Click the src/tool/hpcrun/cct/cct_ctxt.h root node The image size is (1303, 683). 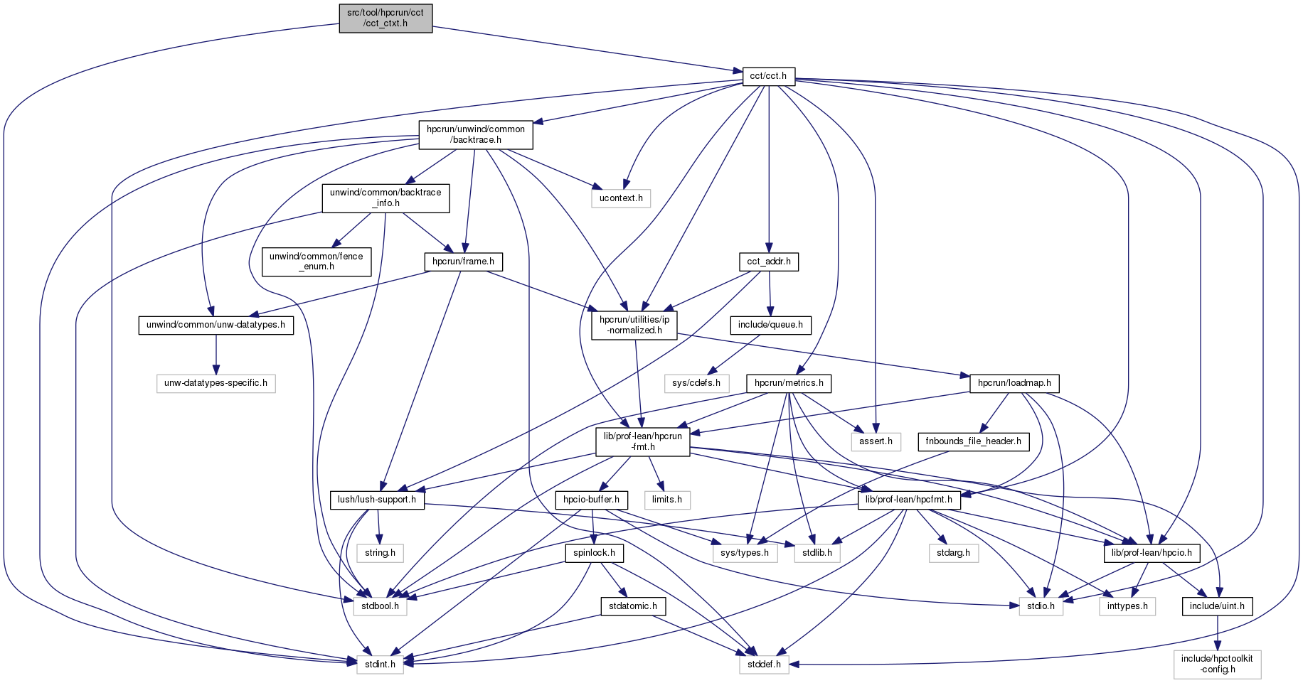point(385,18)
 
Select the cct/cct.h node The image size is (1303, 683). point(769,76)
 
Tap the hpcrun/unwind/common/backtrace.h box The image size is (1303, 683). point(476,134)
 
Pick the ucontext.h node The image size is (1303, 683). point(621,198)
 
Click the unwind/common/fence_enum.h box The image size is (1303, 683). point(317,262)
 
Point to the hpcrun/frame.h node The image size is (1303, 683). point(464,262)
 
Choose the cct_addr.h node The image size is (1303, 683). point(769,262)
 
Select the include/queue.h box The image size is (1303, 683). point(770,325)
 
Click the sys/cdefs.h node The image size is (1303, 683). point(696,383)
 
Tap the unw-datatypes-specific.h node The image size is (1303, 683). point(216,383)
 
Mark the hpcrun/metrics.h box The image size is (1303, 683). point(789,383)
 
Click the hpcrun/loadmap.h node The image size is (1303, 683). point(1014,383)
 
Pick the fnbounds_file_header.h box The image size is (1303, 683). point(973,441)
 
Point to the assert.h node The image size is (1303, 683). point(876,441)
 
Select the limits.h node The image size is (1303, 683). point(667,500)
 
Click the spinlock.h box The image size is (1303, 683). point(595,552)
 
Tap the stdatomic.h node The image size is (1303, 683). point(634,606)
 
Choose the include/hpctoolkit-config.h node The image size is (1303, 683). point(1218,664)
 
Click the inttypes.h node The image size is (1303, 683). point(1127,606)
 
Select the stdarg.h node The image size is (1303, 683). point(954,552)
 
